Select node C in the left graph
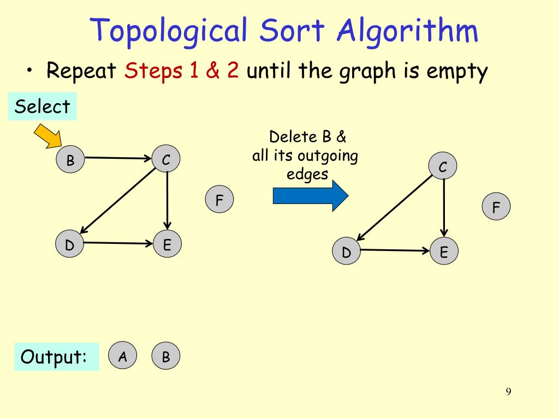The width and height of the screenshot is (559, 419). click(166, 160)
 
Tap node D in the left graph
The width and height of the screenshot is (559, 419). click(70, 245)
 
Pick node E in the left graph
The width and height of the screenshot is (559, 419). click(167, 244)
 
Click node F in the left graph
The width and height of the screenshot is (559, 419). click(219, 200)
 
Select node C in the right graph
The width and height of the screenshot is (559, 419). click(443, 167)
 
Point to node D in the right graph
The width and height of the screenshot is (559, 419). click(347, 252)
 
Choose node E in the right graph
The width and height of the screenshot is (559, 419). click(444, 252)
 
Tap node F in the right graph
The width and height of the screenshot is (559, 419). click(496, 207)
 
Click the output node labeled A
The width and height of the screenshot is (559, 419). click(123, 357)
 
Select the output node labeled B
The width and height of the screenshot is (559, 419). click(166, 357)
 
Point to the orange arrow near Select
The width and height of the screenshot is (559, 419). click(49, 136)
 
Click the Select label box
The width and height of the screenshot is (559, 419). click(43, 106)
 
